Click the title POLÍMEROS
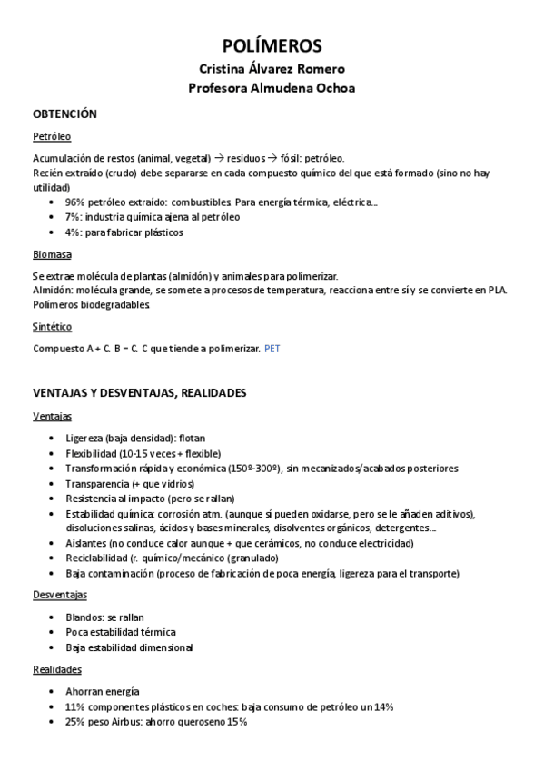coord(272,47)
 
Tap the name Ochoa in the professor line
coord(332,88)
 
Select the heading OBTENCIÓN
coord(64,115)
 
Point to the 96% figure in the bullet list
coord(75,202)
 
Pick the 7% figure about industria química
coord(73,217)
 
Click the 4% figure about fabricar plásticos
coord(73,232)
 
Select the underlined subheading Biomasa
coord(52,255)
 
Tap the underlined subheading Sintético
coord(52,326)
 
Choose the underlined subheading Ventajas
coord(52,416)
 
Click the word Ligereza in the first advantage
coord(84,439)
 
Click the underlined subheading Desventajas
coord(60,595)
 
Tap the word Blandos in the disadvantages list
coord(84,617)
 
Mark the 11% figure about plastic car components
coord(75,706)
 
